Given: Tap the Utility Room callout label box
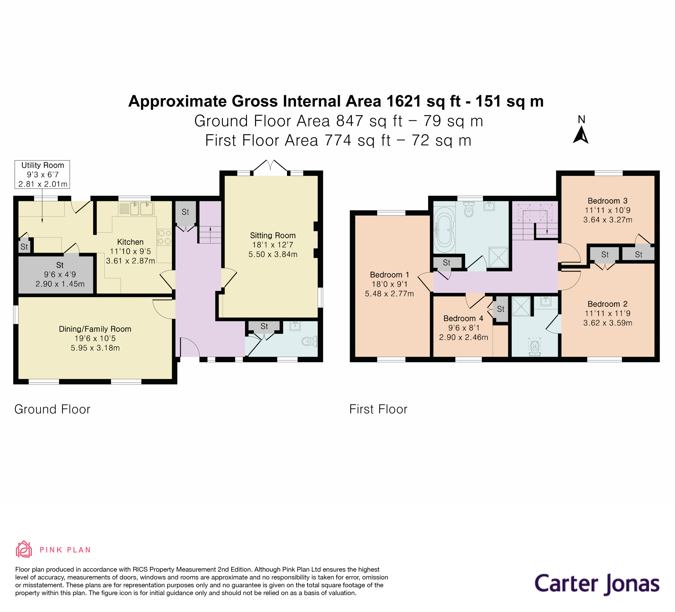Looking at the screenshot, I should tap(42, 174).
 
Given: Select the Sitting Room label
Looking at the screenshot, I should tap(273, 235).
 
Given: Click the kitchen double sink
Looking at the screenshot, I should tap(141, 209).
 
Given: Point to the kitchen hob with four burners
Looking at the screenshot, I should tap(164, 237).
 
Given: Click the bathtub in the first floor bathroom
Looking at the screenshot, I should tap(444, 230).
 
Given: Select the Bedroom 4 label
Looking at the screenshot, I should tap(463, 319).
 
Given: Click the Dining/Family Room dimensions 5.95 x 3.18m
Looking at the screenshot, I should tap(95, 348).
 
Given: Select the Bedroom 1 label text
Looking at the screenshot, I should tap(389, 275).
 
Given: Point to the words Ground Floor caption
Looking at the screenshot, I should tap(52, 409).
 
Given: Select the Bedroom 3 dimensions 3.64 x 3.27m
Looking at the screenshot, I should tap(607, 220).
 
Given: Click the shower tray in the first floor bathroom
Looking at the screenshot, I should tap(498, 257).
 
